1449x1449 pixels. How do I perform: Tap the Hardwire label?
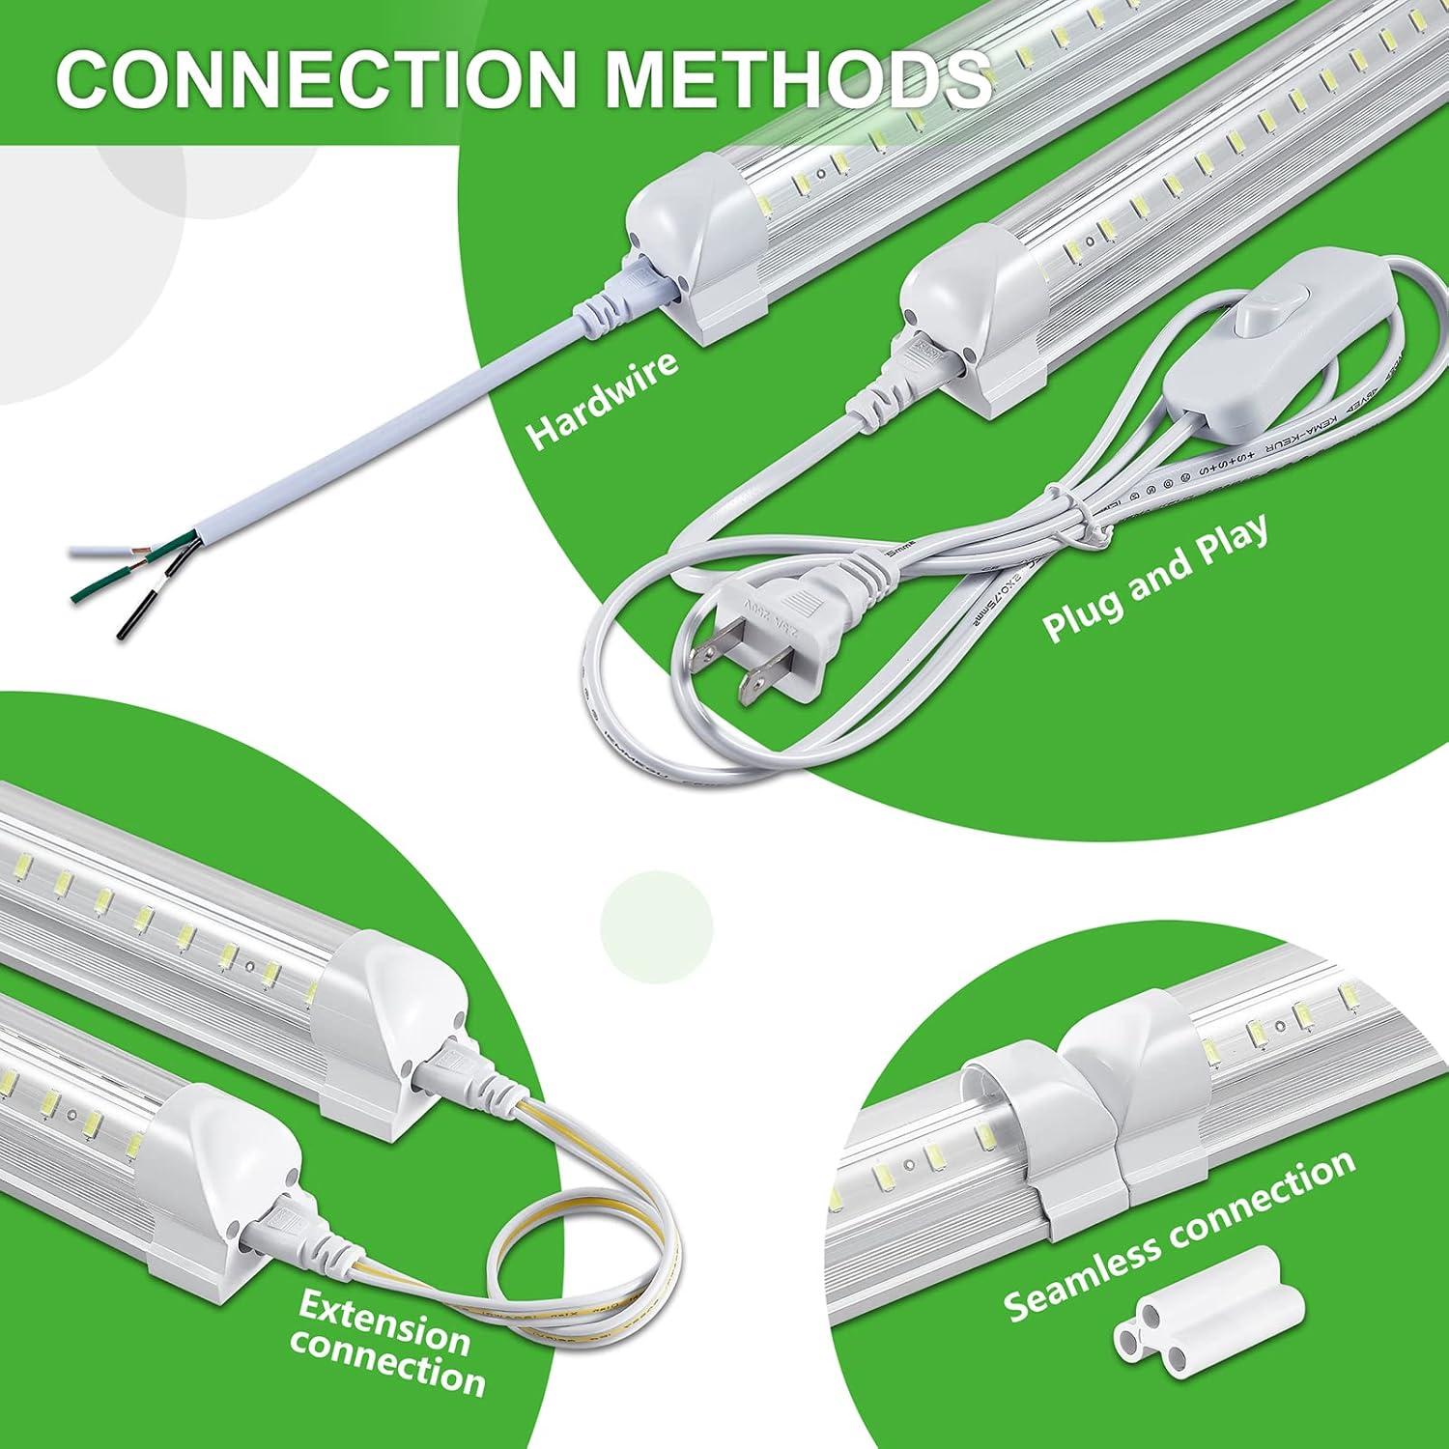tap(601, 400)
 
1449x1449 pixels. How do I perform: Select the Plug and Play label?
tap(1154, 580)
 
